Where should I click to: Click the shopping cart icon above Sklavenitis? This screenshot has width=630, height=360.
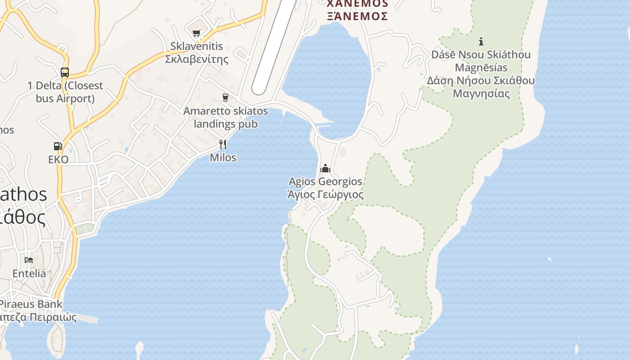[196, 33]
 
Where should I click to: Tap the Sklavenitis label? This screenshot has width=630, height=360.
[197, 46]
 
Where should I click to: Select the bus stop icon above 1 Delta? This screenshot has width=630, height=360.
[65, 72]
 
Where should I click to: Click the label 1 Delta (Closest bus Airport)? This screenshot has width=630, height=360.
[65, 92]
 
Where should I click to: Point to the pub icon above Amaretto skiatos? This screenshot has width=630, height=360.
[225, 98]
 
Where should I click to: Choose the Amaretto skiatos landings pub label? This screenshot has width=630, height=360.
[225, 117]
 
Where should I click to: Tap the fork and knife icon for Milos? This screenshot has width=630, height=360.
[223, 144]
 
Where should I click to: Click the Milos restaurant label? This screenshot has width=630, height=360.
[223, 157]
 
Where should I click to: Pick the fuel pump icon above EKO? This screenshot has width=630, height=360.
[58, 146]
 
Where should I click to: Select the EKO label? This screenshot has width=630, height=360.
[58, 159]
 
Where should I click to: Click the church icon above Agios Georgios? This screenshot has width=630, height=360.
[325, 169]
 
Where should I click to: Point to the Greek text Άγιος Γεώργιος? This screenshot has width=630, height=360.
[325, 194]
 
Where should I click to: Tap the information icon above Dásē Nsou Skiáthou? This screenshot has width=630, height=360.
[481, 41]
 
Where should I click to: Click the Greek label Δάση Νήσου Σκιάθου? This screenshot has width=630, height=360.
[481, 81]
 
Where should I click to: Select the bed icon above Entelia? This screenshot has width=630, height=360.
[29, 260]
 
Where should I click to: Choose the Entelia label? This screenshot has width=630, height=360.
[29, 273]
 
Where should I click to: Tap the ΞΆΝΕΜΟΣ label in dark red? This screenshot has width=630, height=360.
[357, 16]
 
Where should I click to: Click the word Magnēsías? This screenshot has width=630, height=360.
[481, 67]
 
